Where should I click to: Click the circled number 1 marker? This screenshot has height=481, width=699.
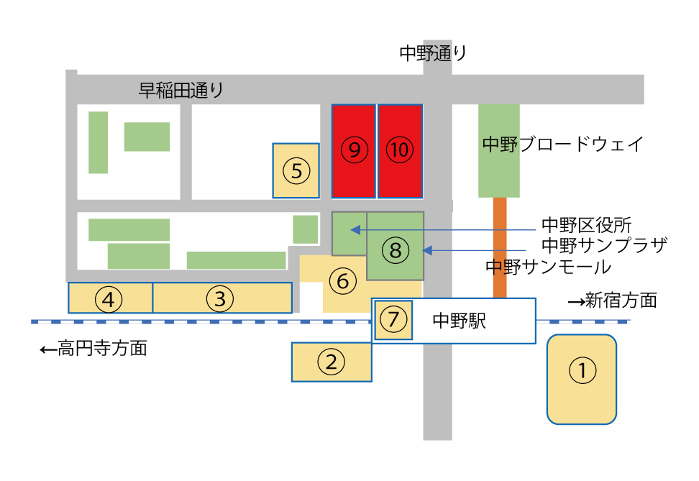pos(582,370)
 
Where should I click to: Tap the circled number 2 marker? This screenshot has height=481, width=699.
pos(332,362)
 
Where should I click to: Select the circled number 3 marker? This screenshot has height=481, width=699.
pos(220,298)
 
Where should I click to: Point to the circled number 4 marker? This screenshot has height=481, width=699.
pos(109,299)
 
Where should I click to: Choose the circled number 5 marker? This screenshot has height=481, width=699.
pos(296,170)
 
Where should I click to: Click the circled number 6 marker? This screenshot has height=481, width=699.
pos(343,281)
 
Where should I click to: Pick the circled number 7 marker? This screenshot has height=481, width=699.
pos(393,319)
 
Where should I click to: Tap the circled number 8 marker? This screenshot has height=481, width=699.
pos(396,250)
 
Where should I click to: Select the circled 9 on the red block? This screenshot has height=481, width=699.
pos(355,150)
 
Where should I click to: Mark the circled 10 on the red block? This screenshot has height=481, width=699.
pos(399,150)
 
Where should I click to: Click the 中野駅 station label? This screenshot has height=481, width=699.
pos(459,321)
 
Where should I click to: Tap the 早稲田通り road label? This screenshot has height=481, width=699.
pos(181,90)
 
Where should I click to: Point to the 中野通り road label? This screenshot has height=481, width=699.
pos(433,53)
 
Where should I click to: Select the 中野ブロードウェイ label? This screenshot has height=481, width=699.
pos(562,144)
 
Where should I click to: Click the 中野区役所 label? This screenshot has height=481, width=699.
pos(587,225)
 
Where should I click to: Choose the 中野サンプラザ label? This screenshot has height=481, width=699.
pos(605,245)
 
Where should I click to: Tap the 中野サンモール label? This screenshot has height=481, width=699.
pos(548,267)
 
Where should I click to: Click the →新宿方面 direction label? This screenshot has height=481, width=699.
pos(613,301)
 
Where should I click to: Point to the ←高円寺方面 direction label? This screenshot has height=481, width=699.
pos(93,348)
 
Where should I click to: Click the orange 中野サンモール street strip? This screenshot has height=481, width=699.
pos(500,247)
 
